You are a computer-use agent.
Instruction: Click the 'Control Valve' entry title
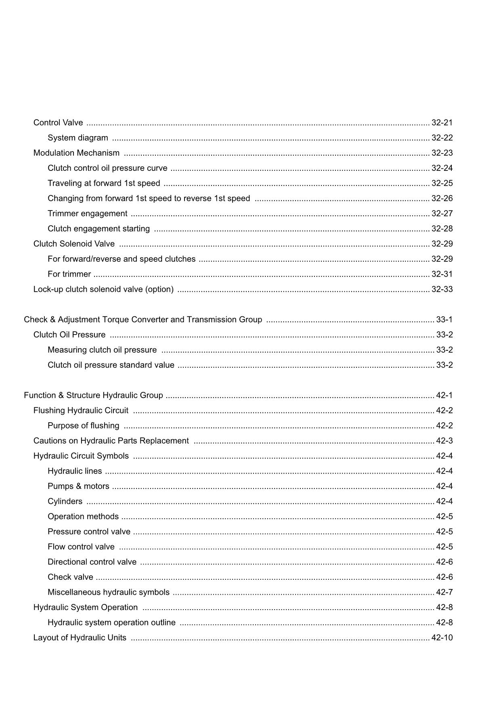58,123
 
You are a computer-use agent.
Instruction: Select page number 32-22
442,138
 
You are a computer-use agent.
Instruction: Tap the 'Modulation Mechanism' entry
76,153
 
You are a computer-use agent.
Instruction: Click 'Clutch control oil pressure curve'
107,168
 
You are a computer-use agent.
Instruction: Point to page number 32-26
442,198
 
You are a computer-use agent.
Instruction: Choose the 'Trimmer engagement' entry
87,214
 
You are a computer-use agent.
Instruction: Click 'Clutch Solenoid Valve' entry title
74,244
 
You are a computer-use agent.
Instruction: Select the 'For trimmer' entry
69,274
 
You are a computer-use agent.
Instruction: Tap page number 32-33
442,289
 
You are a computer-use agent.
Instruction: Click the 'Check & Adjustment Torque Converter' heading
143,320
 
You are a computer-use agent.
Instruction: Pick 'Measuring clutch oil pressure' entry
102,350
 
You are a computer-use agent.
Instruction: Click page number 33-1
444,320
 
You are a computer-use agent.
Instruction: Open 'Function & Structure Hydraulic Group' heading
93,396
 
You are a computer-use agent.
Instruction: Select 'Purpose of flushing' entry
83,426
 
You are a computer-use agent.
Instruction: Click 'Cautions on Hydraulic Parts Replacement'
111,441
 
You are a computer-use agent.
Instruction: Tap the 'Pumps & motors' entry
78,486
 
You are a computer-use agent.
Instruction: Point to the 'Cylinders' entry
65,501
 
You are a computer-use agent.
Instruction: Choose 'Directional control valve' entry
92,562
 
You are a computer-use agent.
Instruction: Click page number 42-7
444,592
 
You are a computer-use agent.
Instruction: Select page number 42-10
442,638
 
